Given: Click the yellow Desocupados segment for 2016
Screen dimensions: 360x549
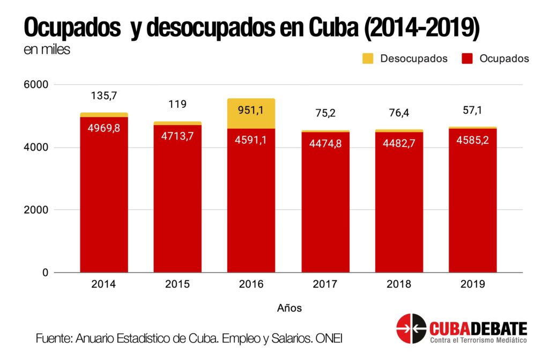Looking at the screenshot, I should point(251,113).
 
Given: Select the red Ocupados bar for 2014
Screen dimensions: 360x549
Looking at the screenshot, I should point(104,204).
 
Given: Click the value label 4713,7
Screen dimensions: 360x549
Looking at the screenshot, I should point(177,136).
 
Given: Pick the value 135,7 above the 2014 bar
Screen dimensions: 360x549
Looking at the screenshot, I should point(104,96).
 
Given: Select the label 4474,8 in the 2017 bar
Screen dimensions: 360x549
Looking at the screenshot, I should point(325,143).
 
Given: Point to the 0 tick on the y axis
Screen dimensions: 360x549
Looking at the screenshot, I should point(45,273).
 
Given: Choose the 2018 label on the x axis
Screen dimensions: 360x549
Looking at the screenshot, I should point(398,284).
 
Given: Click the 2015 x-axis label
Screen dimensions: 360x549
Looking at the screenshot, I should point(177,284).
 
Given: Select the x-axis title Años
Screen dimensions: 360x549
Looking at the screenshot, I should point(289,308).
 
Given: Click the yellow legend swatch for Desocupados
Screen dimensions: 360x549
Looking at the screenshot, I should point(368,58).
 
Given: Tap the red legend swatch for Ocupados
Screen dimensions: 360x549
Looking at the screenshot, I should point(467,58).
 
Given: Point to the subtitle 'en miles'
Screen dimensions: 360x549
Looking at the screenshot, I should point(47,50).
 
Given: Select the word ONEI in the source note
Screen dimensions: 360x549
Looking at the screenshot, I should point(328,339).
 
